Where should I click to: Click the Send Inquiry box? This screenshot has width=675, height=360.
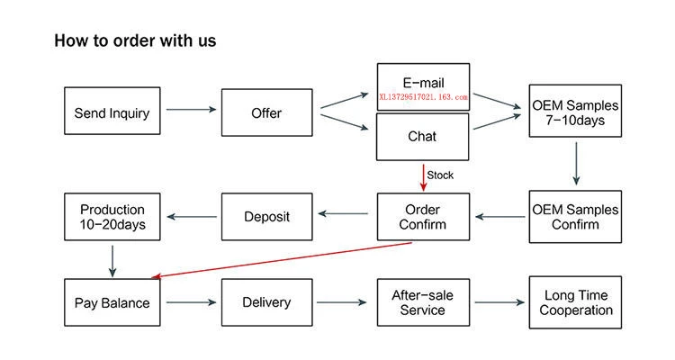click(x=112, y=111)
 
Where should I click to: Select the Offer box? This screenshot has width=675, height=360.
click(x=267, y=112)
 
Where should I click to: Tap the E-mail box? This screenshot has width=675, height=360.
click(x=423, y=87)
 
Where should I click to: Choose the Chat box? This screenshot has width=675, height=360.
click(x=423, y=137)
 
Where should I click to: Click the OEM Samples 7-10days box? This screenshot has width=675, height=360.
click(x=575, y=111)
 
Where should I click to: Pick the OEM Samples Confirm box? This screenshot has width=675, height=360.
click(x=575, y=217)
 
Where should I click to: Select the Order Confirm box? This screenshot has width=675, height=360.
click(x=423, y=217)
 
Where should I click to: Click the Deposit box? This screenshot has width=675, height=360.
click(x=267, y=217)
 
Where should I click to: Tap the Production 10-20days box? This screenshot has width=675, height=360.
click(x=112, y=217)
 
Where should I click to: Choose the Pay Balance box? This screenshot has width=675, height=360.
click(x=112, y=302)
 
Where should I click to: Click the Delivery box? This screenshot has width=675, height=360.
click(x=267, y=302)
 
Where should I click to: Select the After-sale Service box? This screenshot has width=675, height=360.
click(x=423, y=302)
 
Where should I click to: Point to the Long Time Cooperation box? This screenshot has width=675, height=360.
click(x=575, y=302)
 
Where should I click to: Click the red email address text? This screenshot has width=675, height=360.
click(x=423, y=97)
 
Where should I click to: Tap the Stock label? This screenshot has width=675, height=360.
click(x=440, y=175)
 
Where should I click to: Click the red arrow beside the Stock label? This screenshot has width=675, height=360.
click(x=423, y=177)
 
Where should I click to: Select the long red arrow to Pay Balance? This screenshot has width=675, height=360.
click(x=282, y=260)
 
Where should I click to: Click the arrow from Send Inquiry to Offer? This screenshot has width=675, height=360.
click(x=191, y=110)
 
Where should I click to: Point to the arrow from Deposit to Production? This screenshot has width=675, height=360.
click(x=192, y=217)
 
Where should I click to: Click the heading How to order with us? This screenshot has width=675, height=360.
click(x=135, y=40)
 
